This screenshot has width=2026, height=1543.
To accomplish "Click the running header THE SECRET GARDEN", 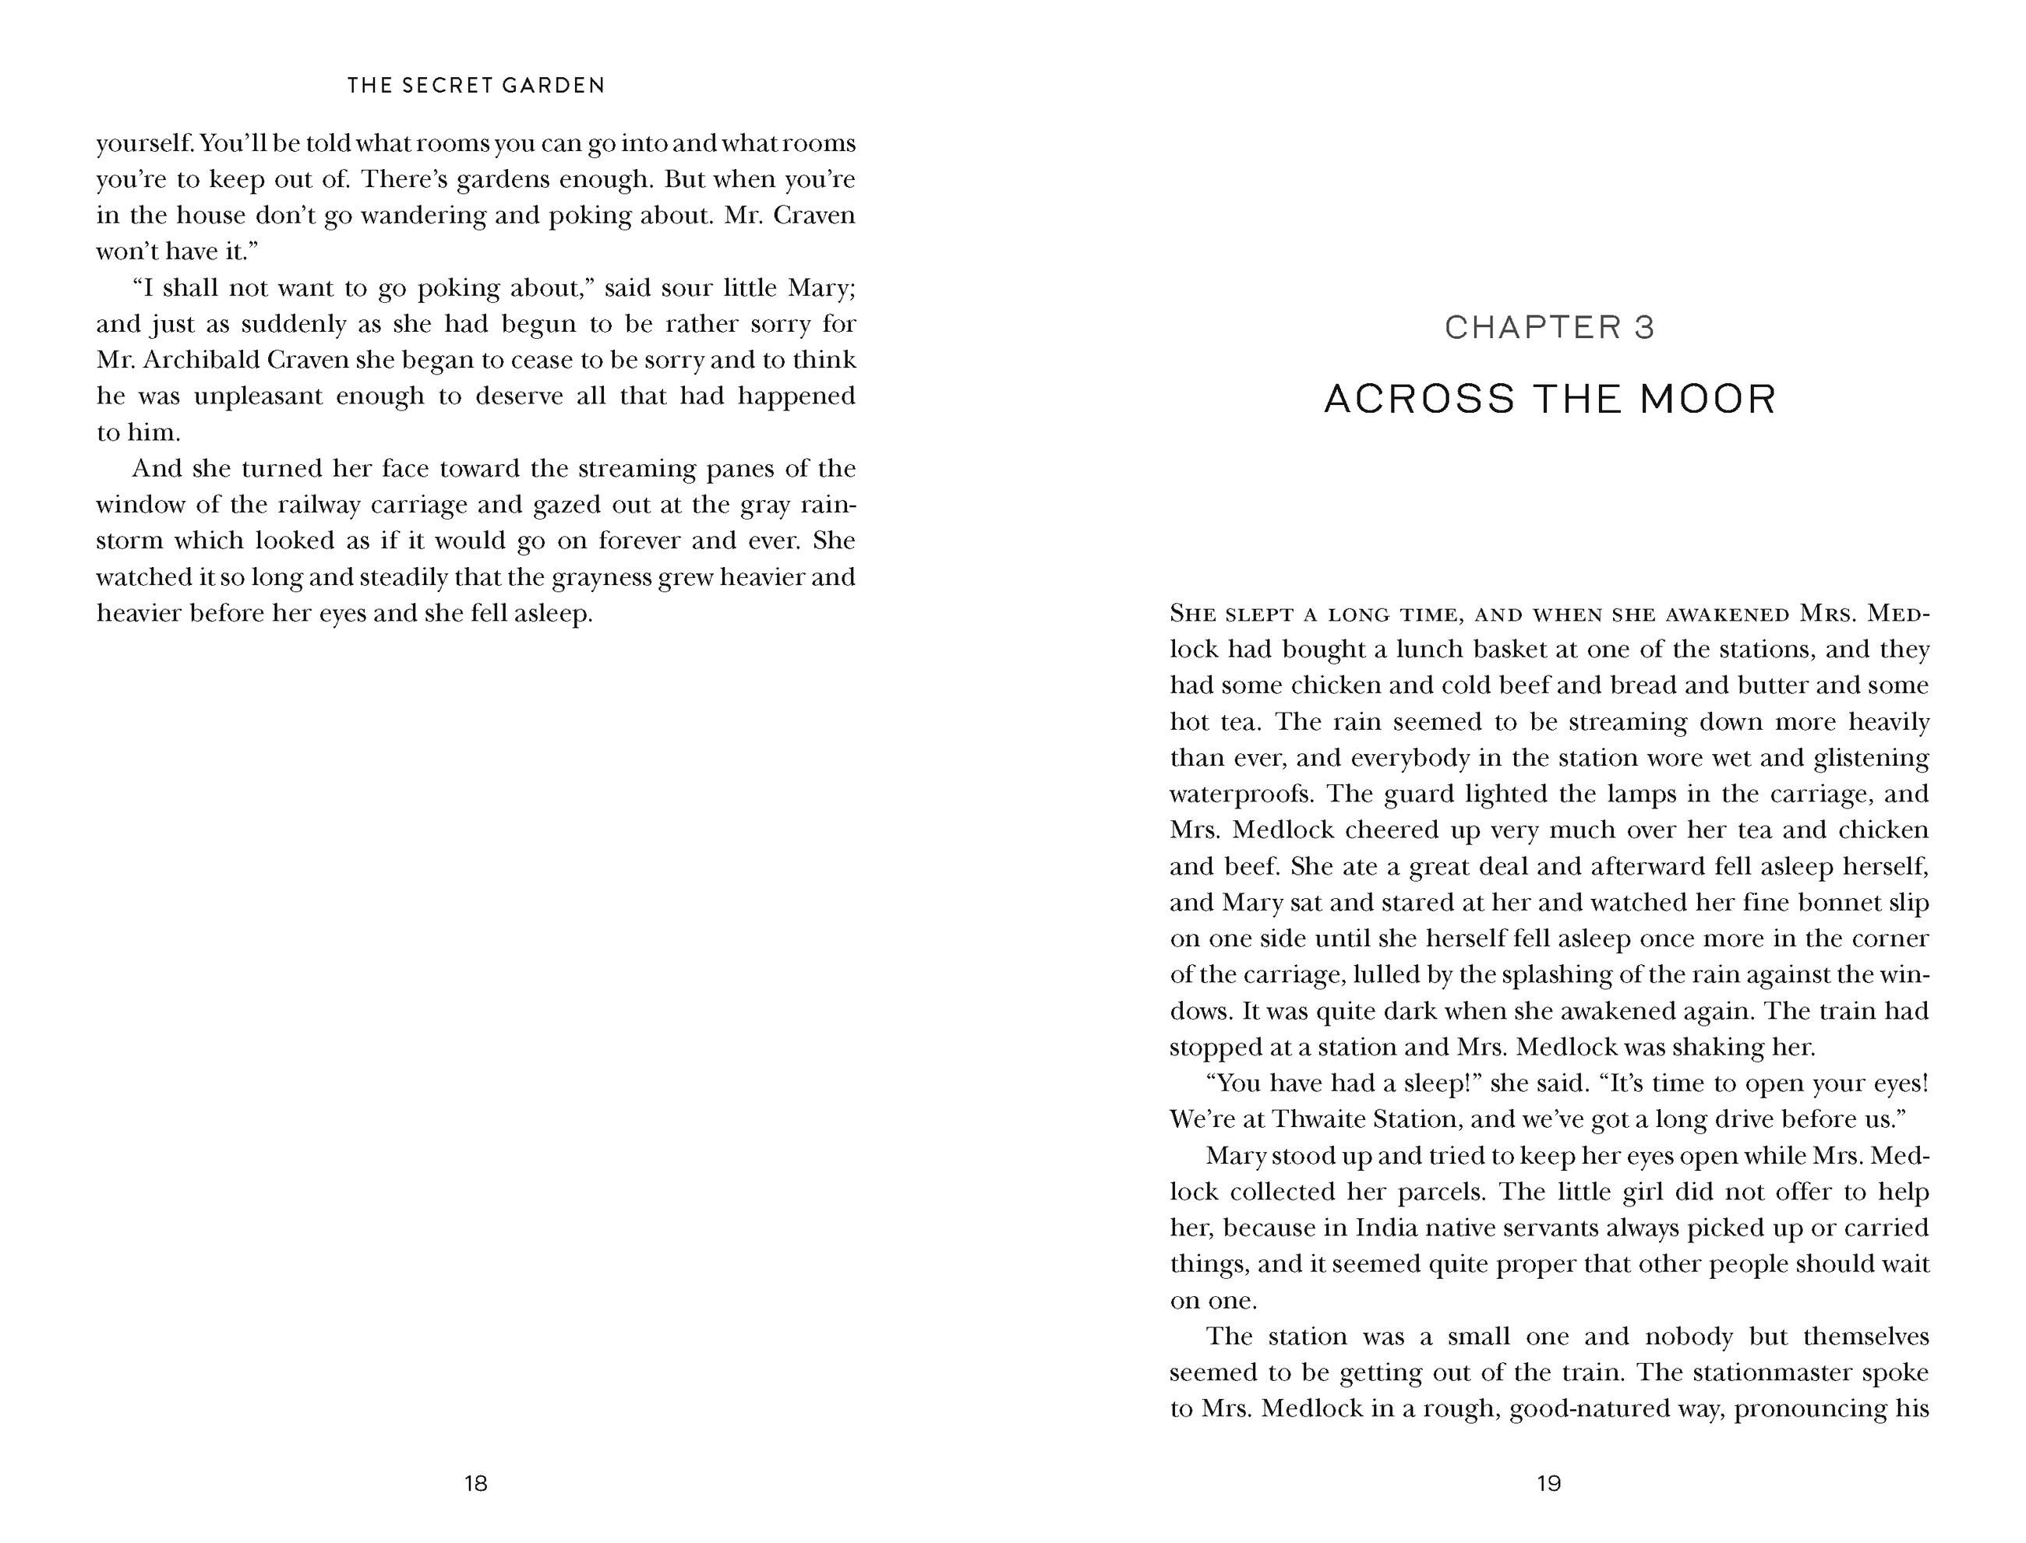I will point(476,86).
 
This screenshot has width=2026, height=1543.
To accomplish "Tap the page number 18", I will point(476,1483).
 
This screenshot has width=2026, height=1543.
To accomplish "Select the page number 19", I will point(1549,1483).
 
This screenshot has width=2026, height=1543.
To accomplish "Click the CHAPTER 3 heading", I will point(1549,327).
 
